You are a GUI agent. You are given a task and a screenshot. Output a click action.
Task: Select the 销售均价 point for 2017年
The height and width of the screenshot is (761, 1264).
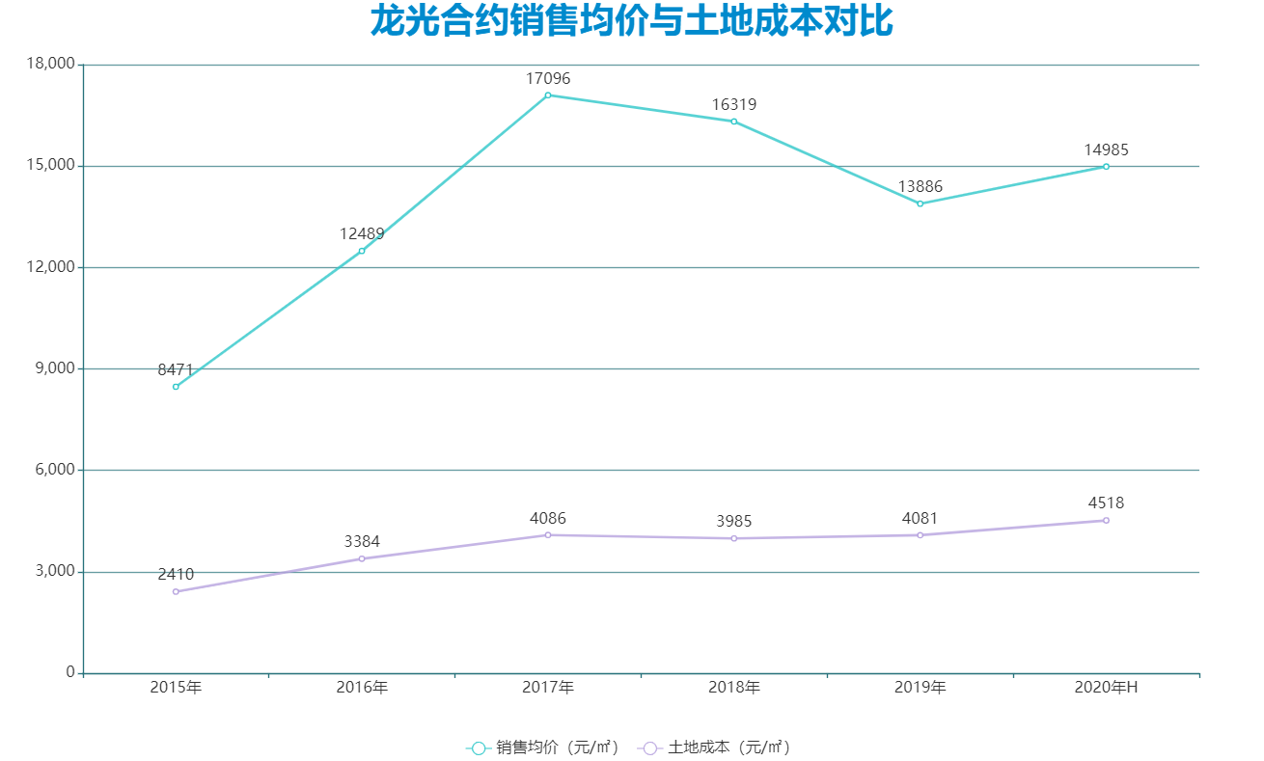548,95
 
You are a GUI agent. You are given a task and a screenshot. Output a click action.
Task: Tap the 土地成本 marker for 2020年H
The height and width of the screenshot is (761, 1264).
1106,521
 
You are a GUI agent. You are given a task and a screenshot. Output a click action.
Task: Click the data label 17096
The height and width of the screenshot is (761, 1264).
548,79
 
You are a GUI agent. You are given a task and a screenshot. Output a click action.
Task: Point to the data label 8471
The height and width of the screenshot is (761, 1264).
176,370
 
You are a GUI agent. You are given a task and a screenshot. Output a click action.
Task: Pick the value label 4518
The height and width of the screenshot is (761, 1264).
1106,503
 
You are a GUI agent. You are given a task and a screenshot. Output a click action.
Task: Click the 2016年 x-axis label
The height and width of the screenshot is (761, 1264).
362,688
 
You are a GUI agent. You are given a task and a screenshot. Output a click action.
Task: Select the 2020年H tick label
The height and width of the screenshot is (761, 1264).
1106,688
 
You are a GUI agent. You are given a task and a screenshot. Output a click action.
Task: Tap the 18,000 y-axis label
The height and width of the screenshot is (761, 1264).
51,65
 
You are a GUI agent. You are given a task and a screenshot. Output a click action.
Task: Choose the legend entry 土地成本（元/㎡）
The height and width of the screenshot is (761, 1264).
717,747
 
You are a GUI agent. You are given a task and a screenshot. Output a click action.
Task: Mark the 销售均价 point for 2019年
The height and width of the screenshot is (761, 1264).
921,204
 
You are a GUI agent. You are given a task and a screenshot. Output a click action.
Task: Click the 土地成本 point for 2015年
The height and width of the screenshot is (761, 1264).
176,591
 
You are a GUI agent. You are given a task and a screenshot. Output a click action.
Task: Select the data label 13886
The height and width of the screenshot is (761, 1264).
921,187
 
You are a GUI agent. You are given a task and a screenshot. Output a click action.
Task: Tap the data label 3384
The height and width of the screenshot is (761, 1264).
362,542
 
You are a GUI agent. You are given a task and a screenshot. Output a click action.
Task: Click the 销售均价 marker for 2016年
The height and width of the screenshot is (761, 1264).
362,251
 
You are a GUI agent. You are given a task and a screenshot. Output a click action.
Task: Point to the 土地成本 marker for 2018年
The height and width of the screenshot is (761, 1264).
734,538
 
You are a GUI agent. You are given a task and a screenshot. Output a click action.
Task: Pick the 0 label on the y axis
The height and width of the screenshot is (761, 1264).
69,672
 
